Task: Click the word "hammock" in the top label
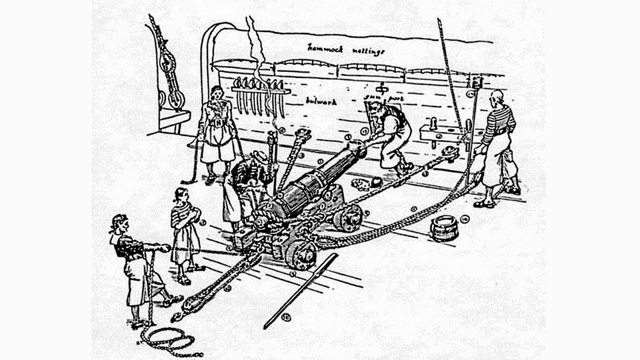[x=325, y=48]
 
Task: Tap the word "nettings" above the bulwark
[x=368, y=51]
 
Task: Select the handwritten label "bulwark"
[x=321, y=102]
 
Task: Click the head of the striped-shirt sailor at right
[x=497, y=98]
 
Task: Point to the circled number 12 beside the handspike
[x=286, y=318]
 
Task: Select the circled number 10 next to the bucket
[x=464, y=219]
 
